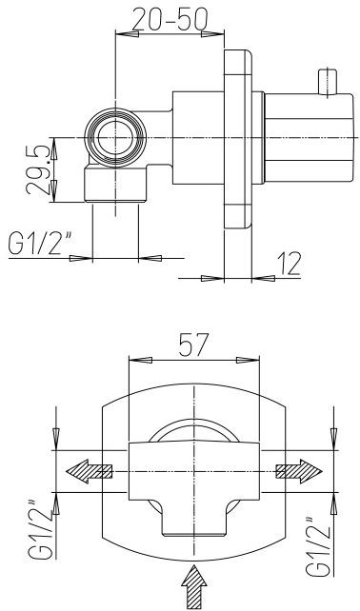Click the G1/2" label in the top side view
[x=41, y=245]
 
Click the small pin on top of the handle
[x=329, y=80]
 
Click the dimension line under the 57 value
[x=193, y=360]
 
